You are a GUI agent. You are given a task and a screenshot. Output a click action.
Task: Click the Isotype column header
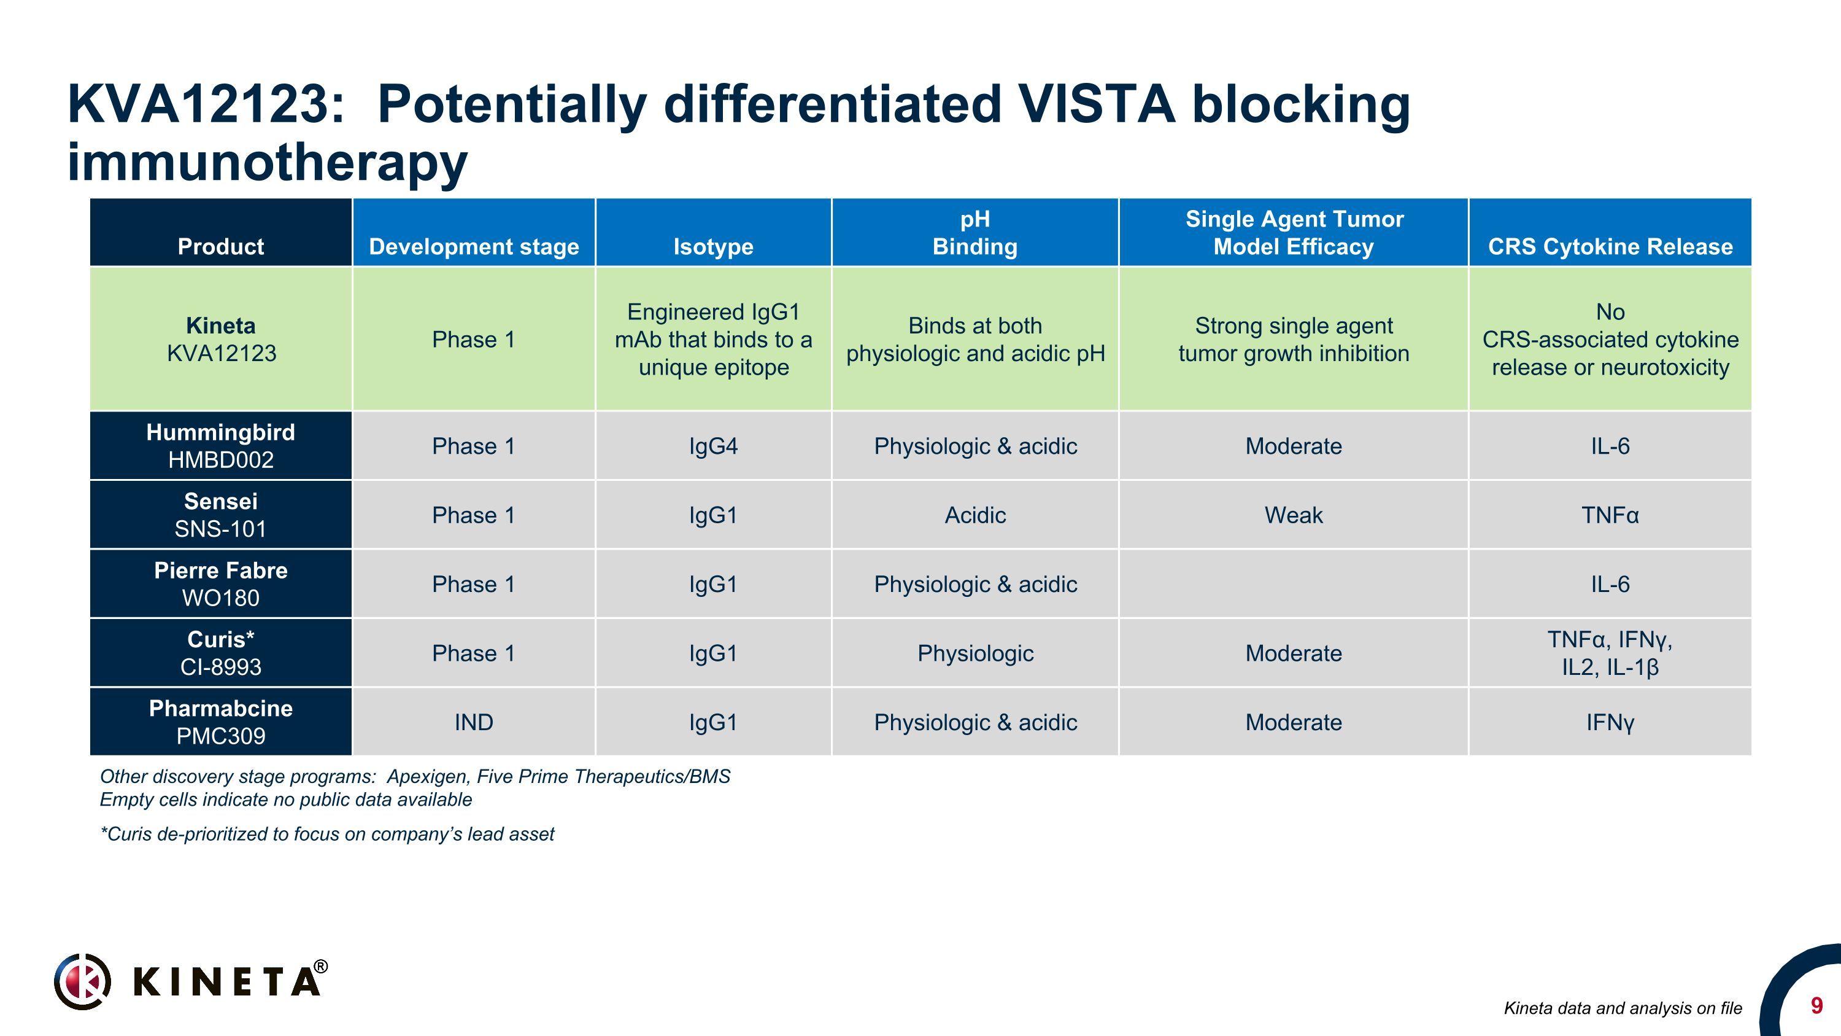[713, 247]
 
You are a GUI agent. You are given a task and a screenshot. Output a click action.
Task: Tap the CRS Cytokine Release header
[1610, 247]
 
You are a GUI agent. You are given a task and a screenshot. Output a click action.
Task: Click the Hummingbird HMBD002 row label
[221, 445]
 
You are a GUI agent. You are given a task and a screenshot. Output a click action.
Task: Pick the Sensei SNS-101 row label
[221, 515]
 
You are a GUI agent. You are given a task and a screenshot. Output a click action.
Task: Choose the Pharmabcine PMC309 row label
[221, 722]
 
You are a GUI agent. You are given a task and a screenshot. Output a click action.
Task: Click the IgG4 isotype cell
[713, 446]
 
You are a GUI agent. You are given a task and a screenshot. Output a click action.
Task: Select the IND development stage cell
[474, 722]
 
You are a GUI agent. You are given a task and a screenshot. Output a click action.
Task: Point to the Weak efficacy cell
[1294, 515]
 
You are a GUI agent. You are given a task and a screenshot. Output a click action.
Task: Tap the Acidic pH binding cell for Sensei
[975, 515]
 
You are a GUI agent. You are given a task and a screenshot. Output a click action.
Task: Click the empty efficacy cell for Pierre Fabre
[1294, 584]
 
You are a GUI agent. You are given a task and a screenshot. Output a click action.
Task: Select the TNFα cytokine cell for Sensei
[1610, 515]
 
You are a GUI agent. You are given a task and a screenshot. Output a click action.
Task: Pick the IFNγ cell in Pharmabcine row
[1610, 722]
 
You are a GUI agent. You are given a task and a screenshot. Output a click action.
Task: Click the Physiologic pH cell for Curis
[975, 653]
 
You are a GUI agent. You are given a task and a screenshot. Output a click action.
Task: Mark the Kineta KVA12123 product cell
[221, 339]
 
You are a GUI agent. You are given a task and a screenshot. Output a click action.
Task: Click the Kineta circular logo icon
[82, 981]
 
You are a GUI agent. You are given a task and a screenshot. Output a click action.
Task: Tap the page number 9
[1816, 1006]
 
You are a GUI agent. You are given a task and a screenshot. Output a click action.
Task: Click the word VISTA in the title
[1096, 104]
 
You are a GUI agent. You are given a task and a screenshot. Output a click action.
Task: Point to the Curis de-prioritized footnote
[327, 835]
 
